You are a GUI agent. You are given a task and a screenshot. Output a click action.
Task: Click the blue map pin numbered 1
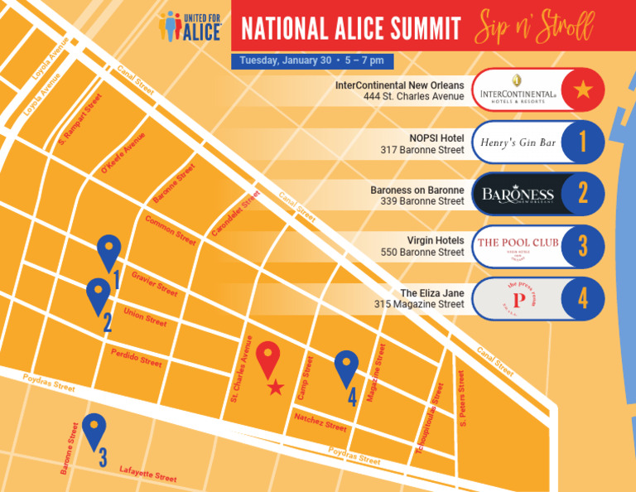(x=108, y=252)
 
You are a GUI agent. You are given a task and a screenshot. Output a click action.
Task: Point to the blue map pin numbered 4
(x=347, y=368)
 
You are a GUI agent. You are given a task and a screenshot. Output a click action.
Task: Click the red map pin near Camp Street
(x=268, y=358)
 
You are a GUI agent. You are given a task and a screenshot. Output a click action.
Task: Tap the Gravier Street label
(x=155, y=284)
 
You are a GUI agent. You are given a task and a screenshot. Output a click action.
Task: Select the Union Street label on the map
(x=145, y=316)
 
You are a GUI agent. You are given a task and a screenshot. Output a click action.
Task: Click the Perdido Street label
(x=137, y=357)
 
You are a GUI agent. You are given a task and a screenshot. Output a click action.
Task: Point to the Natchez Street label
(x=320, y=422)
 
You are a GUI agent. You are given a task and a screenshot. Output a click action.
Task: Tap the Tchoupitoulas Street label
(x=430, y=417)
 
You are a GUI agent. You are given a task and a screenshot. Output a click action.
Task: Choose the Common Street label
(x=171, y=230)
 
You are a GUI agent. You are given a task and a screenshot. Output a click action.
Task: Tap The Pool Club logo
(x=518, y=245)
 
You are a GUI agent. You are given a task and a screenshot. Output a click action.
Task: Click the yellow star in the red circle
(x=583, y=89)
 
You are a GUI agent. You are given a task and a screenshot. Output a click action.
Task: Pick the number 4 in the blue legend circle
(x=583, y=298)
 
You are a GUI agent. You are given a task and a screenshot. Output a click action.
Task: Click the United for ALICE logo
(x=191, y=26)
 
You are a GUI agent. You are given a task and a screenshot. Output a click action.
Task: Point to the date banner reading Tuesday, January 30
(x=312, y=60)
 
